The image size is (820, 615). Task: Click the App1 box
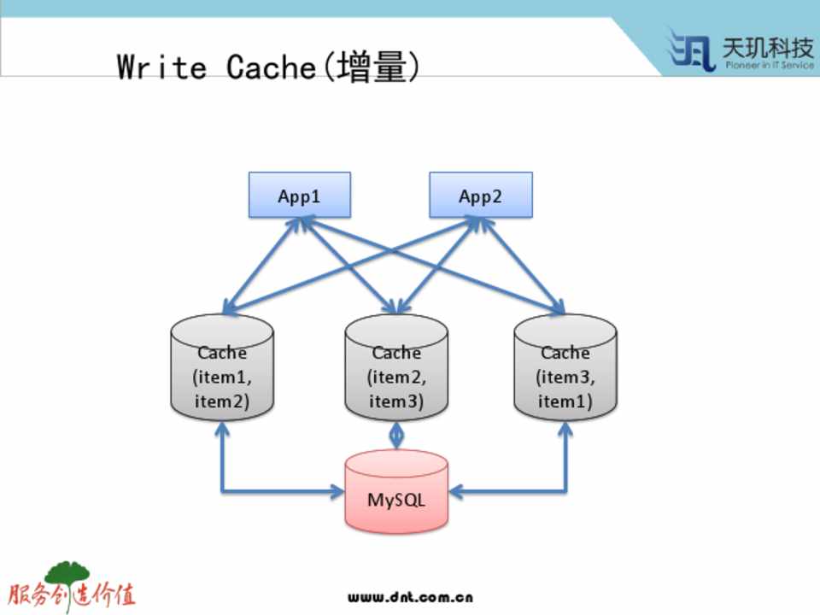299,195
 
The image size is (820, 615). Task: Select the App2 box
480,195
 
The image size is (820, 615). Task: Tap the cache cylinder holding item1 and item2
222,367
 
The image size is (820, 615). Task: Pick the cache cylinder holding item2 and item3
396,367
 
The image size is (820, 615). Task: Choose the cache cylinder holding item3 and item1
565,367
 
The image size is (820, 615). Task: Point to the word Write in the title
161,67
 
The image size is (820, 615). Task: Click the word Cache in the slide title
272,67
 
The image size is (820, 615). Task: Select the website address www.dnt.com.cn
410,597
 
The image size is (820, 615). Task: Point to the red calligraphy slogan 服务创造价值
72,595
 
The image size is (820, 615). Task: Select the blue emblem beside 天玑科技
692,50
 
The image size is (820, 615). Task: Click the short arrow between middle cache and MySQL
396,434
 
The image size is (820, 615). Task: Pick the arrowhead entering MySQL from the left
337,491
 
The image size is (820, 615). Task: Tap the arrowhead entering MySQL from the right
456,491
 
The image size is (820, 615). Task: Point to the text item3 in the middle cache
396,401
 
